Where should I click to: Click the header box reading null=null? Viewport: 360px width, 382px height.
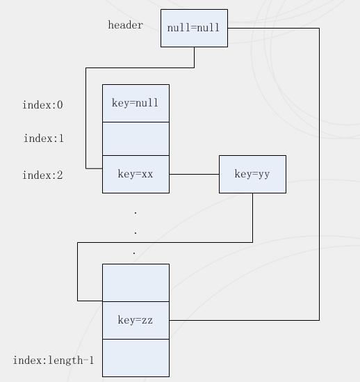coord(194,29)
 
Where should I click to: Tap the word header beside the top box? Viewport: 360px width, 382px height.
coord(126,25)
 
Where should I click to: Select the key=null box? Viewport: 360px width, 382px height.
coord(136,103)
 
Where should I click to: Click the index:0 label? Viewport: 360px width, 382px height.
coord(43,105)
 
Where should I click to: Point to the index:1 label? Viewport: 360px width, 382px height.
coord(44,138)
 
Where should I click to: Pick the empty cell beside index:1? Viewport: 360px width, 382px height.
coord(136,139)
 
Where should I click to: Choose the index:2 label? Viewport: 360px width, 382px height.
coord(43,175)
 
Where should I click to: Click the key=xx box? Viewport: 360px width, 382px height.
coord(136,175)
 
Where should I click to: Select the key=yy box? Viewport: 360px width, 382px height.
coord(253,175)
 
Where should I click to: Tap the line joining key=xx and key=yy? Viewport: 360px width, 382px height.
coord(194,174)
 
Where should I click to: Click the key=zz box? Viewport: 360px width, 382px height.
coord(136,320)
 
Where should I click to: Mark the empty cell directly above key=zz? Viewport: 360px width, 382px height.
coord(136,282)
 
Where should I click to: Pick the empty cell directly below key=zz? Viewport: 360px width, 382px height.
coord(136,358)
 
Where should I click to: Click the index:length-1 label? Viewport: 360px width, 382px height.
coord(54,360)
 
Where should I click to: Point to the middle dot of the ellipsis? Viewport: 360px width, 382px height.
coord(136,233)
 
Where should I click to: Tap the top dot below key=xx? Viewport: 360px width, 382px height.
coord(136,214)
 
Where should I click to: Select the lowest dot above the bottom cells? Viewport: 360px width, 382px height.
coord(134,253)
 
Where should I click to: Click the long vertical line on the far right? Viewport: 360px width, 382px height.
coord(319,174)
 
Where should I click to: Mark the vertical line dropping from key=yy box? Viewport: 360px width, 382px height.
coord(253,218)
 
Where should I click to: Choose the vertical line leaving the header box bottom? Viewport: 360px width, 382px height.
coord(194,58)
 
